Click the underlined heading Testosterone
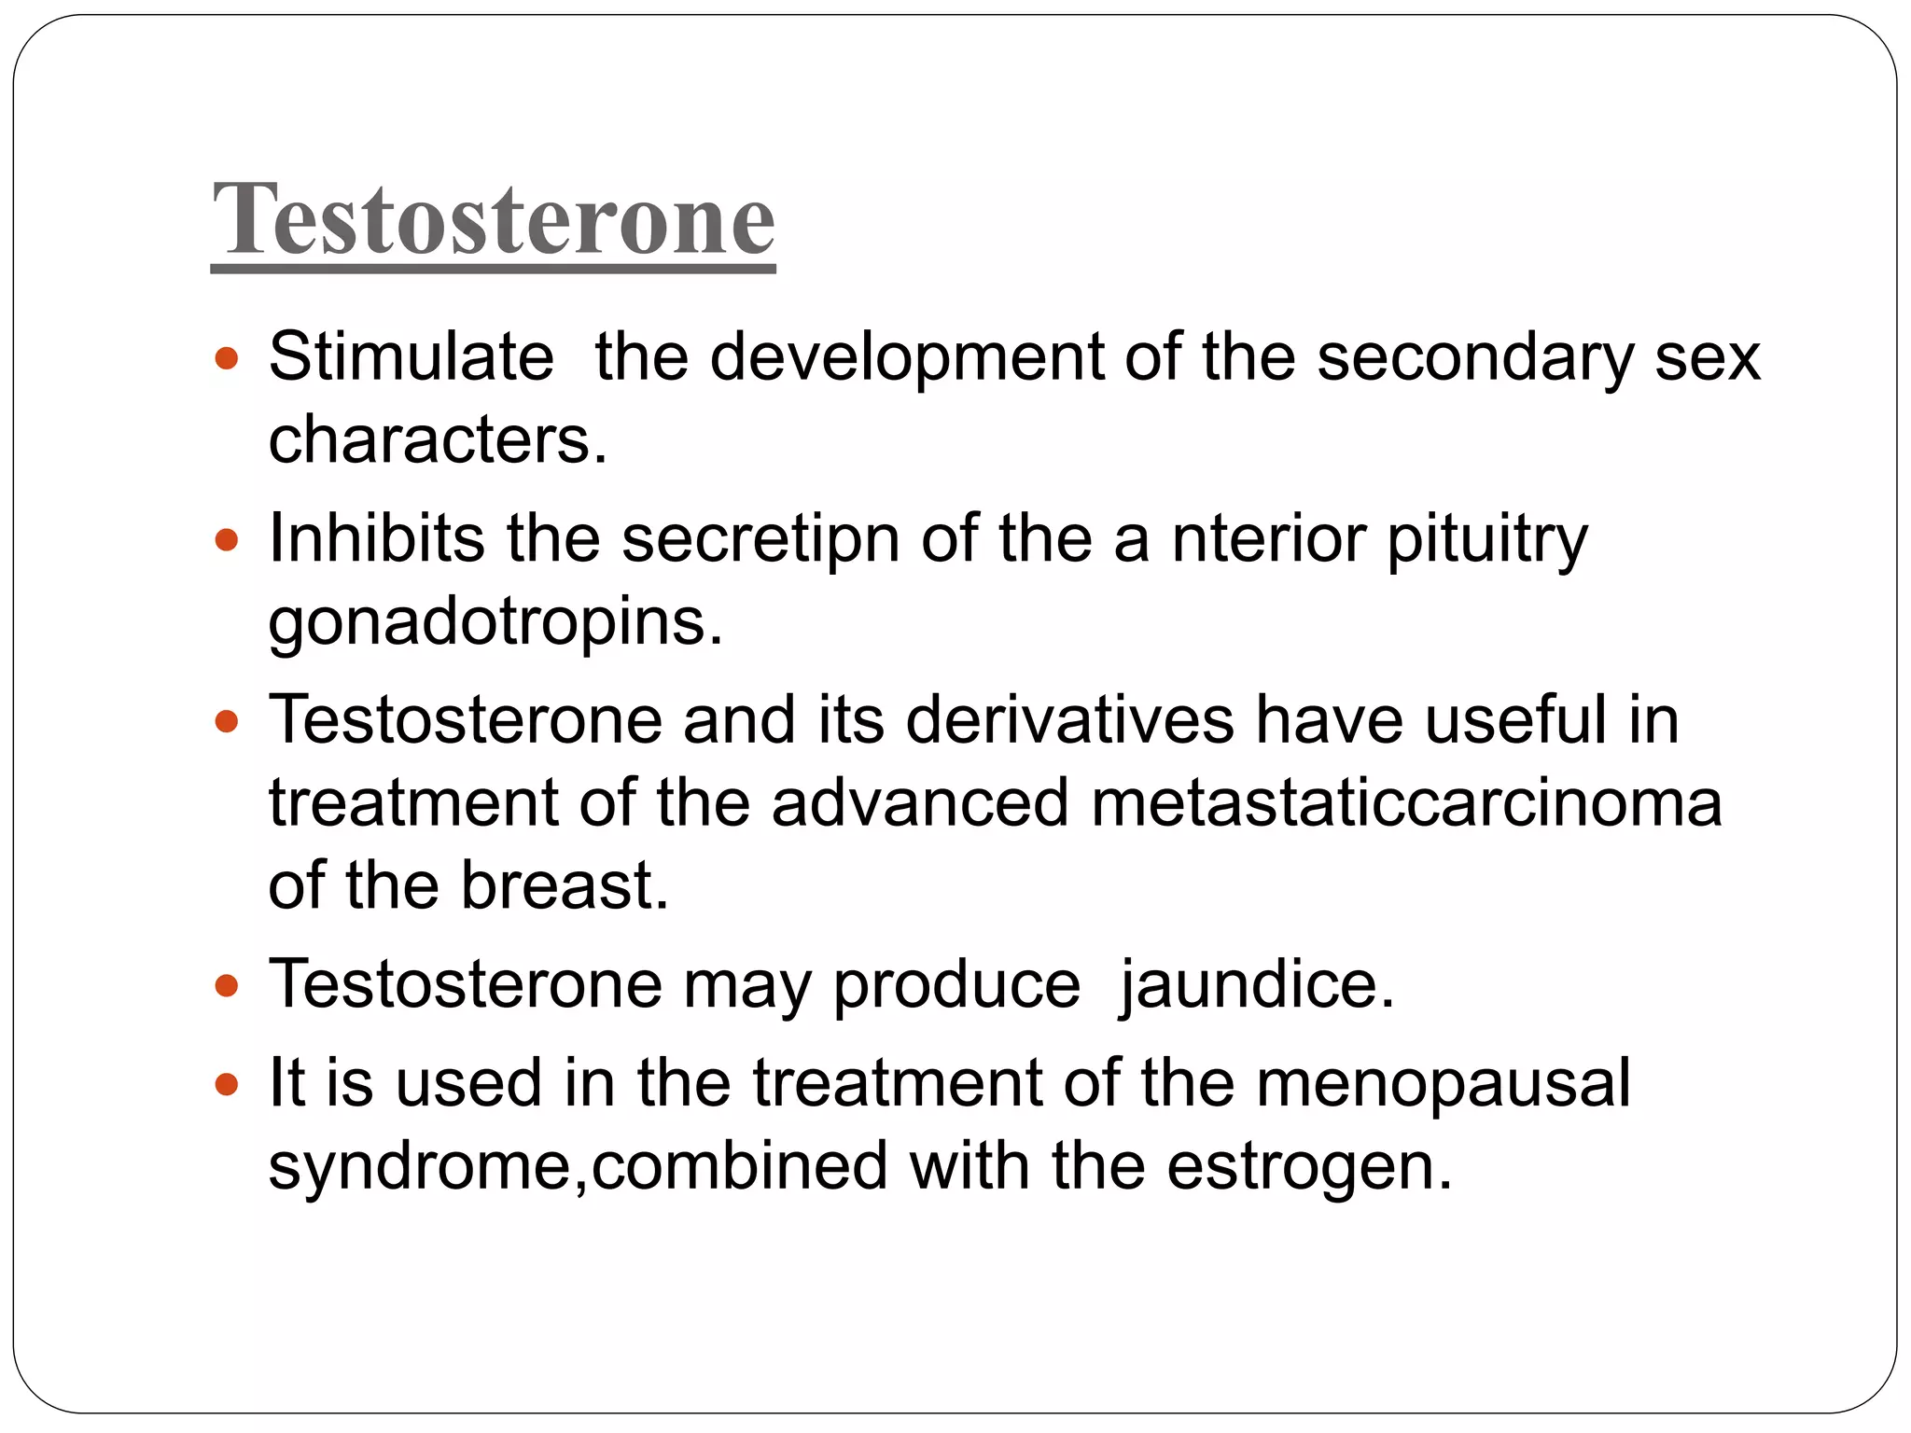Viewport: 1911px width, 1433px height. click(x=494, y=220)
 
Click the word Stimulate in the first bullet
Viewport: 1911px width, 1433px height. click(x=411, y=356)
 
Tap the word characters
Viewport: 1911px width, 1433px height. click(x=437, y=439)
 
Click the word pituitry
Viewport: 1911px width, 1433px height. click(x=1487, y=538)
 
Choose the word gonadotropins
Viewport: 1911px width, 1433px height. click(x=494, y=621)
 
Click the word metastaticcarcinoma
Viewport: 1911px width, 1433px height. click(x=1405, y=803)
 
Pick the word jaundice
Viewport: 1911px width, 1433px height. click(x=1256, y=984)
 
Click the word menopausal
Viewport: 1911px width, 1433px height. click(x=1443, y=1083)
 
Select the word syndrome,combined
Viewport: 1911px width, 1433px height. click(x=578, y=1166)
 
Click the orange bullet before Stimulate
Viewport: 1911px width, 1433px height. click(x=227, y=357)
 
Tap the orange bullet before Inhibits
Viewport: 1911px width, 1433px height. click(x=227, y=539)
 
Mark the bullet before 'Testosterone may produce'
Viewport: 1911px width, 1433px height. click(x=227, y=985)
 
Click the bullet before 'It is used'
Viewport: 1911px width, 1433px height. click(x=227, y=1084)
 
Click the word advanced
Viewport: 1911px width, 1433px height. click(x=919, y=803)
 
